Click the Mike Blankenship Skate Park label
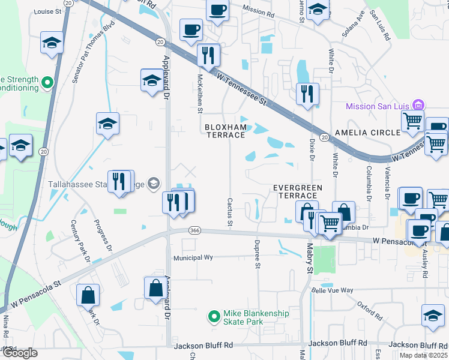[256, 317]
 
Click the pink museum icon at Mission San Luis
[418, 105]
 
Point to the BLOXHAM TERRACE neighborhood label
[225, 131]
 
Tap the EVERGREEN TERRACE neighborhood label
[298, 191]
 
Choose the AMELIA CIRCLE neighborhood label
[367, 133]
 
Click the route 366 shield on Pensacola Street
[194, 230]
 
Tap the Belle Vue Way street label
[332, 290]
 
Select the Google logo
[20, 353]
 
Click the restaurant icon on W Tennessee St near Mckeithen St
[208, 56]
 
